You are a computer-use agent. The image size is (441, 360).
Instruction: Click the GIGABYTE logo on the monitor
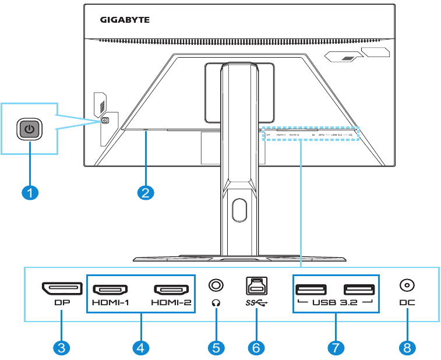125,20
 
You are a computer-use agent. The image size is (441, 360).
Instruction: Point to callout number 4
141,348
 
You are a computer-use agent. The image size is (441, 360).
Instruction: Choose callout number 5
216,348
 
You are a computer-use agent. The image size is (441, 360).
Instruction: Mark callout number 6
256,348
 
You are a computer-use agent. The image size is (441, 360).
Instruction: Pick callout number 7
335,348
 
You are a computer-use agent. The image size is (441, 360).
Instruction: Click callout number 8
407,348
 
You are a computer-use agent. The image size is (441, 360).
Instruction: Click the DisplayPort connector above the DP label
61,289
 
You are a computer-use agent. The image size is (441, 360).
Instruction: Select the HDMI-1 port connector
111,290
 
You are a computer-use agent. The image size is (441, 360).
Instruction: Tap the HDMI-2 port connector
171,290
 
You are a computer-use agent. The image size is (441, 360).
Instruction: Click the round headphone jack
216,285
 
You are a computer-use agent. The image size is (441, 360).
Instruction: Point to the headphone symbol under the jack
216,303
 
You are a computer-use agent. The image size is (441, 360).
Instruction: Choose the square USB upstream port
256,285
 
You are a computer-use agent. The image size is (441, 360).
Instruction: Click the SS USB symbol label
256,303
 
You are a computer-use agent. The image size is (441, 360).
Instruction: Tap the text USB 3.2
335,303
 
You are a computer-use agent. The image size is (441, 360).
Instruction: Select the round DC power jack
407,285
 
